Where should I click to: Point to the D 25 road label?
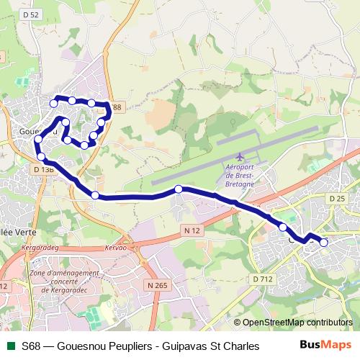[337, 198]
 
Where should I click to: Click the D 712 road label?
[262, 279]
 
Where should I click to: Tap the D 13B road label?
[44, 169]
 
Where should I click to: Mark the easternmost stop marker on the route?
[324, 243]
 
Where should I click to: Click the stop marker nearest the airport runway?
[179, 189]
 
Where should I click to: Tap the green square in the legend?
[9, 346]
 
